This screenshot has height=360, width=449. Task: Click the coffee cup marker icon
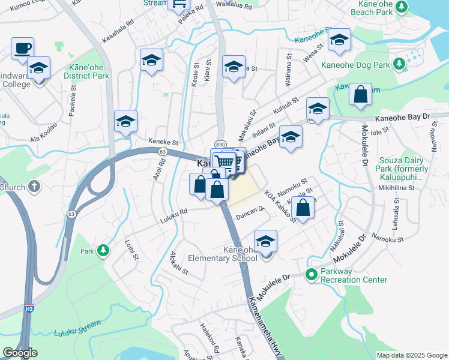(x=23, y=47)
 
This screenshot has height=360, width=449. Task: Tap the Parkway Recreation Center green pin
(x=311, y=275)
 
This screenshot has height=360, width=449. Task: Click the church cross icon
(x=34, y=187)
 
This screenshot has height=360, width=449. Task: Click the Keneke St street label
(x=167, y=143)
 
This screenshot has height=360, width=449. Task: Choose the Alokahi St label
(x=179, y=263)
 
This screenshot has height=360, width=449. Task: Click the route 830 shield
(x=220, y=144)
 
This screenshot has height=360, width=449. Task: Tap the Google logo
(x=20, y=353)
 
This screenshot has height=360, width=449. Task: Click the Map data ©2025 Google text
(x=411, y=355)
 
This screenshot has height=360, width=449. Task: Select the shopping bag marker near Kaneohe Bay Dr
(x=360, y=95)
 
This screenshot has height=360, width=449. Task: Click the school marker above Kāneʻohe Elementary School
(x=265, y=241)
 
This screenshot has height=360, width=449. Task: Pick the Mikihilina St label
(x=396, y=187)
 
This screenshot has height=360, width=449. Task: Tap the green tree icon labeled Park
(x=103, y=249)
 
